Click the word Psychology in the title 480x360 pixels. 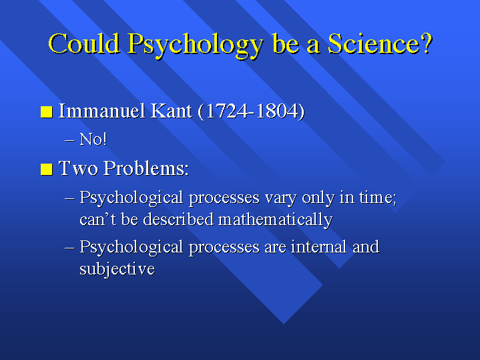pos(196,45)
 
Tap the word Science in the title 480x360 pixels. pos(374,43)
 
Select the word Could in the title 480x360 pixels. pos(84,43)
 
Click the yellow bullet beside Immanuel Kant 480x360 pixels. pos(47,112)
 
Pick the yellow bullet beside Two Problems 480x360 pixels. pos(47,169)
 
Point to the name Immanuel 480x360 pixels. pos(101,111)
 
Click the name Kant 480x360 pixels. pos(171,111)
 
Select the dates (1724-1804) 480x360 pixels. pos(251,112)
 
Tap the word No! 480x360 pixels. pos(93,140)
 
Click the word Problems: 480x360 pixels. pos(146,168)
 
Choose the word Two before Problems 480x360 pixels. pos(78,168)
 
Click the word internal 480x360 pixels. pos(318,247)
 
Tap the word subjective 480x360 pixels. pos(117,270)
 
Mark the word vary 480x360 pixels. pos(280,198)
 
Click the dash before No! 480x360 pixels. pos(69,140)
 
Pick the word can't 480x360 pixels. pos(97,220)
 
